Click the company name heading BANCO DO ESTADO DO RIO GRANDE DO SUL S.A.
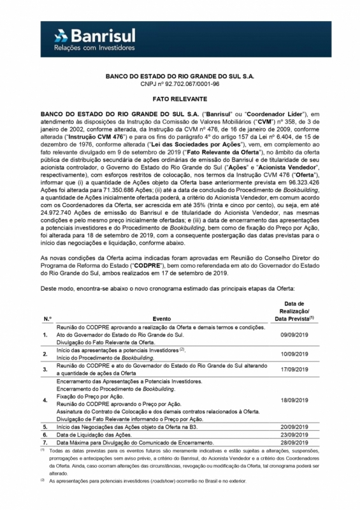coord(180,76)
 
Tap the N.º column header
coord(47,317)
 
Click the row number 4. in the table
coord(45,400)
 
